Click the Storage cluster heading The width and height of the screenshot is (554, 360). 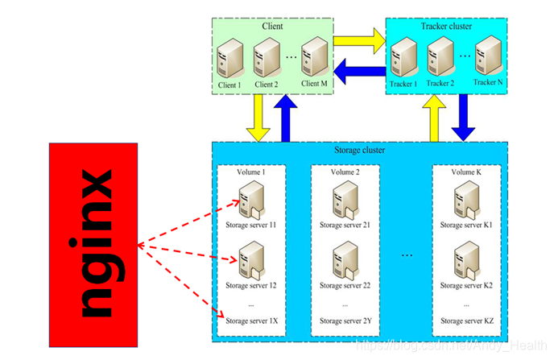pos(358,150)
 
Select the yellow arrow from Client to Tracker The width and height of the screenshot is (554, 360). pos(358,39)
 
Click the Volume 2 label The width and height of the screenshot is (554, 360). pos(345,172)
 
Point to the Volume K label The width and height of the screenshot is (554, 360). pos(467,172)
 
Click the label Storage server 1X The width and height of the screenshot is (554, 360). pos(251,321)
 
